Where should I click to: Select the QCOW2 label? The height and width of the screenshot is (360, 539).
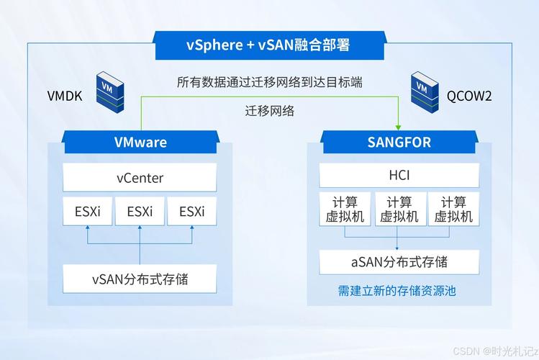point(469,96)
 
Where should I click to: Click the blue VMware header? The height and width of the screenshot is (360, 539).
point(140,142)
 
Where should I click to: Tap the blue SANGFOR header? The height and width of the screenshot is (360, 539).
point(399,142)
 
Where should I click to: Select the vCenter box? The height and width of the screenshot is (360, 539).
point(140,178)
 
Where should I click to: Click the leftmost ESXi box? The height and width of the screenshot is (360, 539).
point(88,212)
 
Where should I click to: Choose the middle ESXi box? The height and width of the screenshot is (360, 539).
point(140,212)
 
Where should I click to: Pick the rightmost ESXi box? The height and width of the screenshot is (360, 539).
point(192,212)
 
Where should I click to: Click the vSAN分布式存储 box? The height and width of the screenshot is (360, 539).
point(140,279)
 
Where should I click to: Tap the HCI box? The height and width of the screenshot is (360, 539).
point(399,176)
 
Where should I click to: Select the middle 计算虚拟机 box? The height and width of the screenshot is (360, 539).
point(399,209)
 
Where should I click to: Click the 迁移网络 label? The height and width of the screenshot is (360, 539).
point(270,111)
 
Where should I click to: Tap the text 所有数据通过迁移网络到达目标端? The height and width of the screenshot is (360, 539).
point(269,82)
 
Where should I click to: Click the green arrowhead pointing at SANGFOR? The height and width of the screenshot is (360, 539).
point(399,125)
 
